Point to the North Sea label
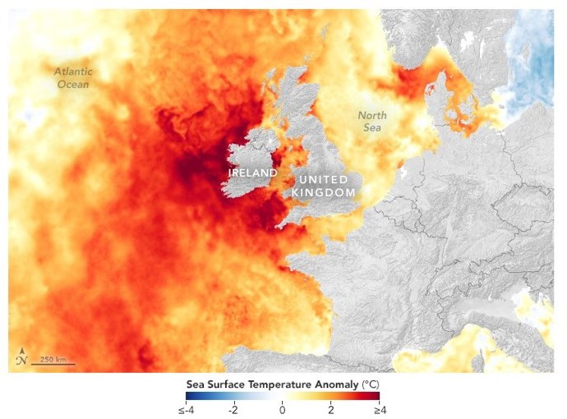tap(371, 122)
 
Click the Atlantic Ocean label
tap(71, 77)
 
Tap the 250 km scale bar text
tap(53, 360)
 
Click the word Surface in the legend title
tap(225, 384)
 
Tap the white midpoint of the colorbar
tap(282, 396)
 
